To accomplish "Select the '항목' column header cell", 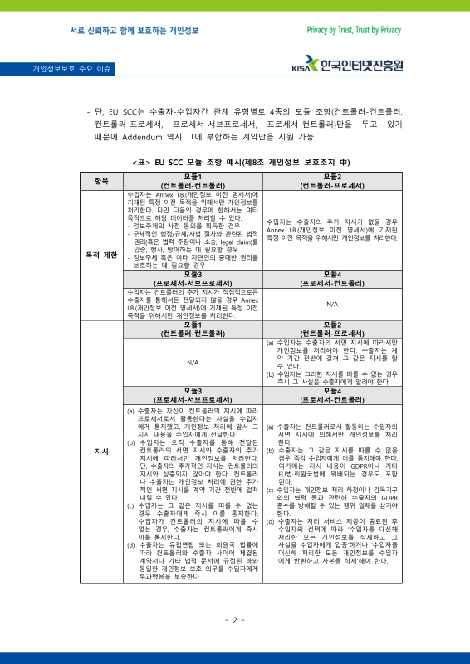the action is point(101,181).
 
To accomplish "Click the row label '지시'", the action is point(101,451).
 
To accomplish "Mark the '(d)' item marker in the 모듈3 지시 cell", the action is point(130,543).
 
